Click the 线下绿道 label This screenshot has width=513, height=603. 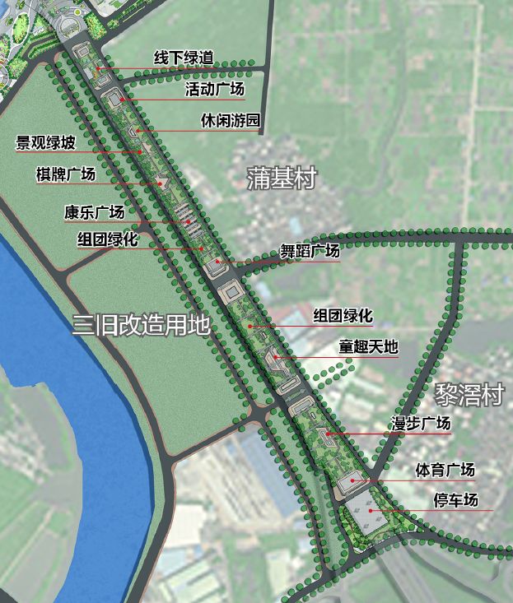(184, 58)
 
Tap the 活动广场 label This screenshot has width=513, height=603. (214, 89)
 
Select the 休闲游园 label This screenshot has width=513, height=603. (231, 121)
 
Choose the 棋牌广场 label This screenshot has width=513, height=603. (66, 174)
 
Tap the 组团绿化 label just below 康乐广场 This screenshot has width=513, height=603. (107, 239)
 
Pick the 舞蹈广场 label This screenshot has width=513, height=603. (310, 251)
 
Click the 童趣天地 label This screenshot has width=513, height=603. (368, 347)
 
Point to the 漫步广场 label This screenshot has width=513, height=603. (420, 424)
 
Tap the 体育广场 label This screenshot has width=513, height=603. (445, 471)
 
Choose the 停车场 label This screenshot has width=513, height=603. (455, 500)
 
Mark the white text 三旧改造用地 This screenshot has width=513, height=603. (141, 324)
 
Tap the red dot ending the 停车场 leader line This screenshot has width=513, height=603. (371, 511)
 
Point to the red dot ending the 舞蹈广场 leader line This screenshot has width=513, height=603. (218, 262)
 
